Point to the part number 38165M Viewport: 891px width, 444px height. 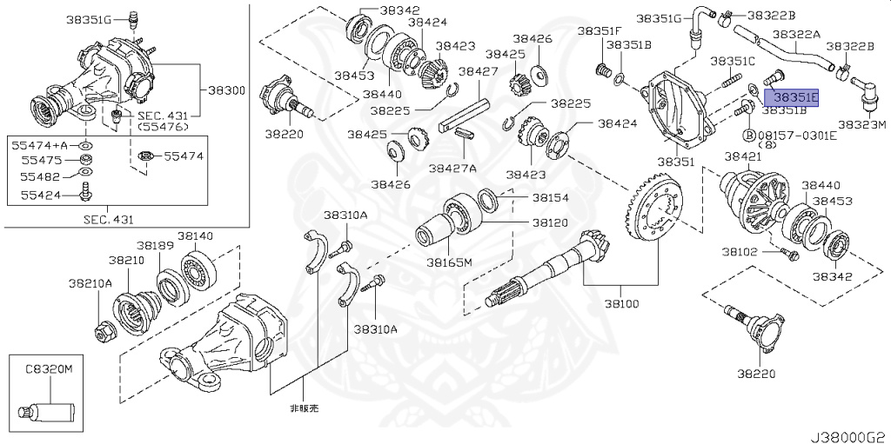point(449,262)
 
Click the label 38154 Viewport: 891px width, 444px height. point(551,198)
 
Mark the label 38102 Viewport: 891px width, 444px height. point(740,253)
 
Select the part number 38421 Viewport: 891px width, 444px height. point(743,156)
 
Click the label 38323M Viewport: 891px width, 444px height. point(861,125)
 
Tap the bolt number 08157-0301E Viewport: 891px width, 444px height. point(796,136)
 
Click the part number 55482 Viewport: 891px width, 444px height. point(30,176)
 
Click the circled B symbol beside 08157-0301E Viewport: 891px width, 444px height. point(748,136)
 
